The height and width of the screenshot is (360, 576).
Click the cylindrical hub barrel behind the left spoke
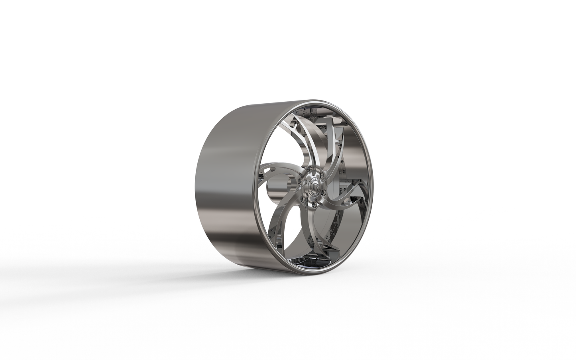(x=275, y=187)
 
